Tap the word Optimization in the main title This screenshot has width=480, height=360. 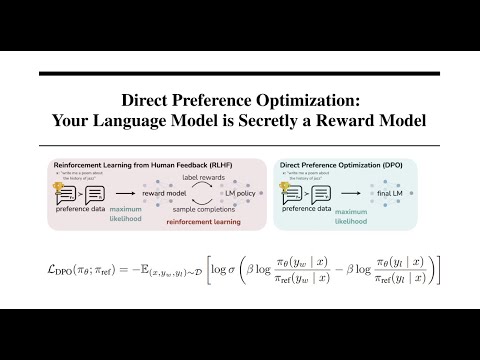point(309,100)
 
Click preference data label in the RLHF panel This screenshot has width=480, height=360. point(79,207)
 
